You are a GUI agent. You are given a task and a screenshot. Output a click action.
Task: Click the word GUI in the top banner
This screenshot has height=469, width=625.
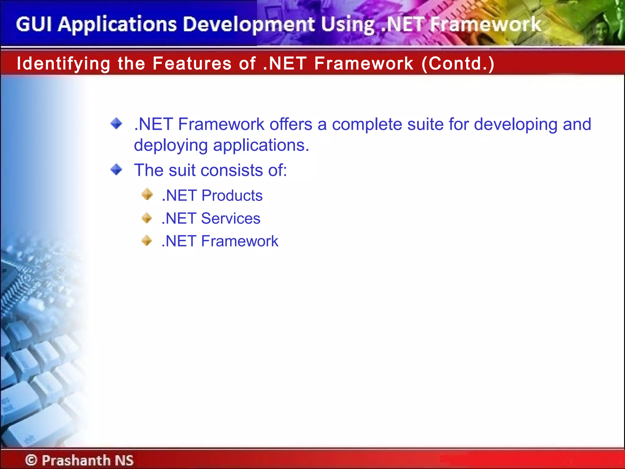(34, 24)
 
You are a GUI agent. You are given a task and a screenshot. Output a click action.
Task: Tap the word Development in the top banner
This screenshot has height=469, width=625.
(249, 24)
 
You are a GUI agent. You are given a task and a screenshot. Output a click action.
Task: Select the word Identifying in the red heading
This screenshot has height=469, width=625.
(63, 64)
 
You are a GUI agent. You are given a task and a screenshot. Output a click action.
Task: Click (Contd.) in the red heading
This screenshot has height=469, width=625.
(458, 64)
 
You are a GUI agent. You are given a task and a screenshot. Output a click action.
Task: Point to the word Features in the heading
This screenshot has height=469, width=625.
(192, 64)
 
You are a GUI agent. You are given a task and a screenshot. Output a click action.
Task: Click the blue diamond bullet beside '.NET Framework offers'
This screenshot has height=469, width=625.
(116, 124)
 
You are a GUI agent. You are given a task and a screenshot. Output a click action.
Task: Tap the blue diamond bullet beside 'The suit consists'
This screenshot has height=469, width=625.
(116, 169)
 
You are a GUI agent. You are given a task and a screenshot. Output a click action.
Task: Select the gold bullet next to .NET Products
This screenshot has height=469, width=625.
(147, 195)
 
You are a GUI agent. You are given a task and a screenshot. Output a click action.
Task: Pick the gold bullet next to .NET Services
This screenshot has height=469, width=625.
(147, 218)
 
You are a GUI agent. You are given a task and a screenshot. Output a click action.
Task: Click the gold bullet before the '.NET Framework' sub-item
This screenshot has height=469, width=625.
(147, 241)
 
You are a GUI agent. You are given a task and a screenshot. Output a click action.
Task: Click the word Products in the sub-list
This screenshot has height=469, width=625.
(232, 195)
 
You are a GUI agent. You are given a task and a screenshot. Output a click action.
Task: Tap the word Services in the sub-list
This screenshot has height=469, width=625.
(231, 218)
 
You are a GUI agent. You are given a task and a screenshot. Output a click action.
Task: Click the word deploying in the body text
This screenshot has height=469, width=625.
(171, 145)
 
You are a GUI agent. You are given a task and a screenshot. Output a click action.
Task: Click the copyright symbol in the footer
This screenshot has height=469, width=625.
(31, 460)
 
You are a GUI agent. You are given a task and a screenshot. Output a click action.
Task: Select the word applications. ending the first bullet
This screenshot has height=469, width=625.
(261, 145)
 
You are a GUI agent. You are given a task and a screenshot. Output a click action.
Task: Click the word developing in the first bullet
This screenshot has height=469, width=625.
(516, 125)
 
